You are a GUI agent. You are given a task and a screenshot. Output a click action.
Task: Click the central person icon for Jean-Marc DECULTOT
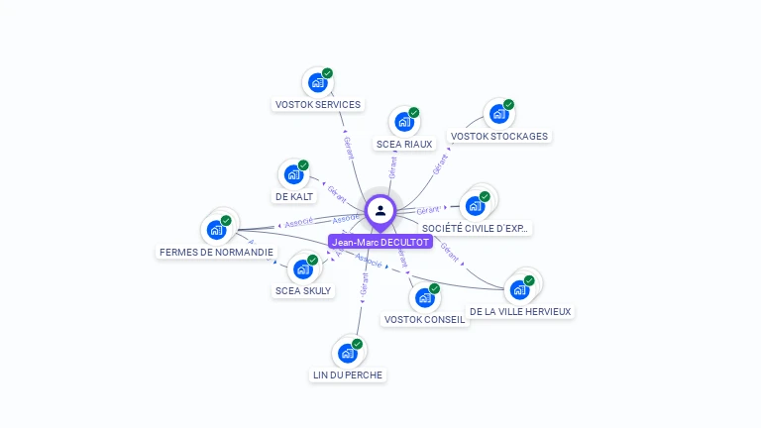380,211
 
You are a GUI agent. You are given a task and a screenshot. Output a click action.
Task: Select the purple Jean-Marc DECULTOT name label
380,242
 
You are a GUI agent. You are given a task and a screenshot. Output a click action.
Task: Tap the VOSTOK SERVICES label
317,104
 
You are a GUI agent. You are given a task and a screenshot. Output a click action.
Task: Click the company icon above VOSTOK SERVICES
317,82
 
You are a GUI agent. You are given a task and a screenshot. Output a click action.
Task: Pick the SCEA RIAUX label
404,144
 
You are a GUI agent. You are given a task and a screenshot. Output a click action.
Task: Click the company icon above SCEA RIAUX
404,122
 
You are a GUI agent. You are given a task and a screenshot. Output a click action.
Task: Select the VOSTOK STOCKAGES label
498,136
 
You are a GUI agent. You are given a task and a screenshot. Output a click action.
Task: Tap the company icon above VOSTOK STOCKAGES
498,114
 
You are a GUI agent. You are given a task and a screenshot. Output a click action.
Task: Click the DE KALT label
294,196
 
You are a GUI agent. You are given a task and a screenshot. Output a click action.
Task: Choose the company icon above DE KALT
293,174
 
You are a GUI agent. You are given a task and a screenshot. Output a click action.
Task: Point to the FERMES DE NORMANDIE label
216,252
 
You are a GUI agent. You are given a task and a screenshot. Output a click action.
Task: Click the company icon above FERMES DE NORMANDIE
216,230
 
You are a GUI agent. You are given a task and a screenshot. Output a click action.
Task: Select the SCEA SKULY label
303,290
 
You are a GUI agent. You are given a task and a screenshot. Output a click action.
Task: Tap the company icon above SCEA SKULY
303,268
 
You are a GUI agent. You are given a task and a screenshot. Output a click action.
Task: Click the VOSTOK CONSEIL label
424,319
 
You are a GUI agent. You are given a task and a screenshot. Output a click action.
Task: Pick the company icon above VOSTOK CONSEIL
424,297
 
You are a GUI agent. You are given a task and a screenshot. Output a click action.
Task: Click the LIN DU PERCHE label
348,374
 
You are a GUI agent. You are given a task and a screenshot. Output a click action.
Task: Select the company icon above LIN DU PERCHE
348,353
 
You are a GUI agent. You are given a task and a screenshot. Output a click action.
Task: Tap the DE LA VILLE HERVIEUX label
520,311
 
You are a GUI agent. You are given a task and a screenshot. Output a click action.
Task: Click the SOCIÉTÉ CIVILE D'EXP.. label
477,228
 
